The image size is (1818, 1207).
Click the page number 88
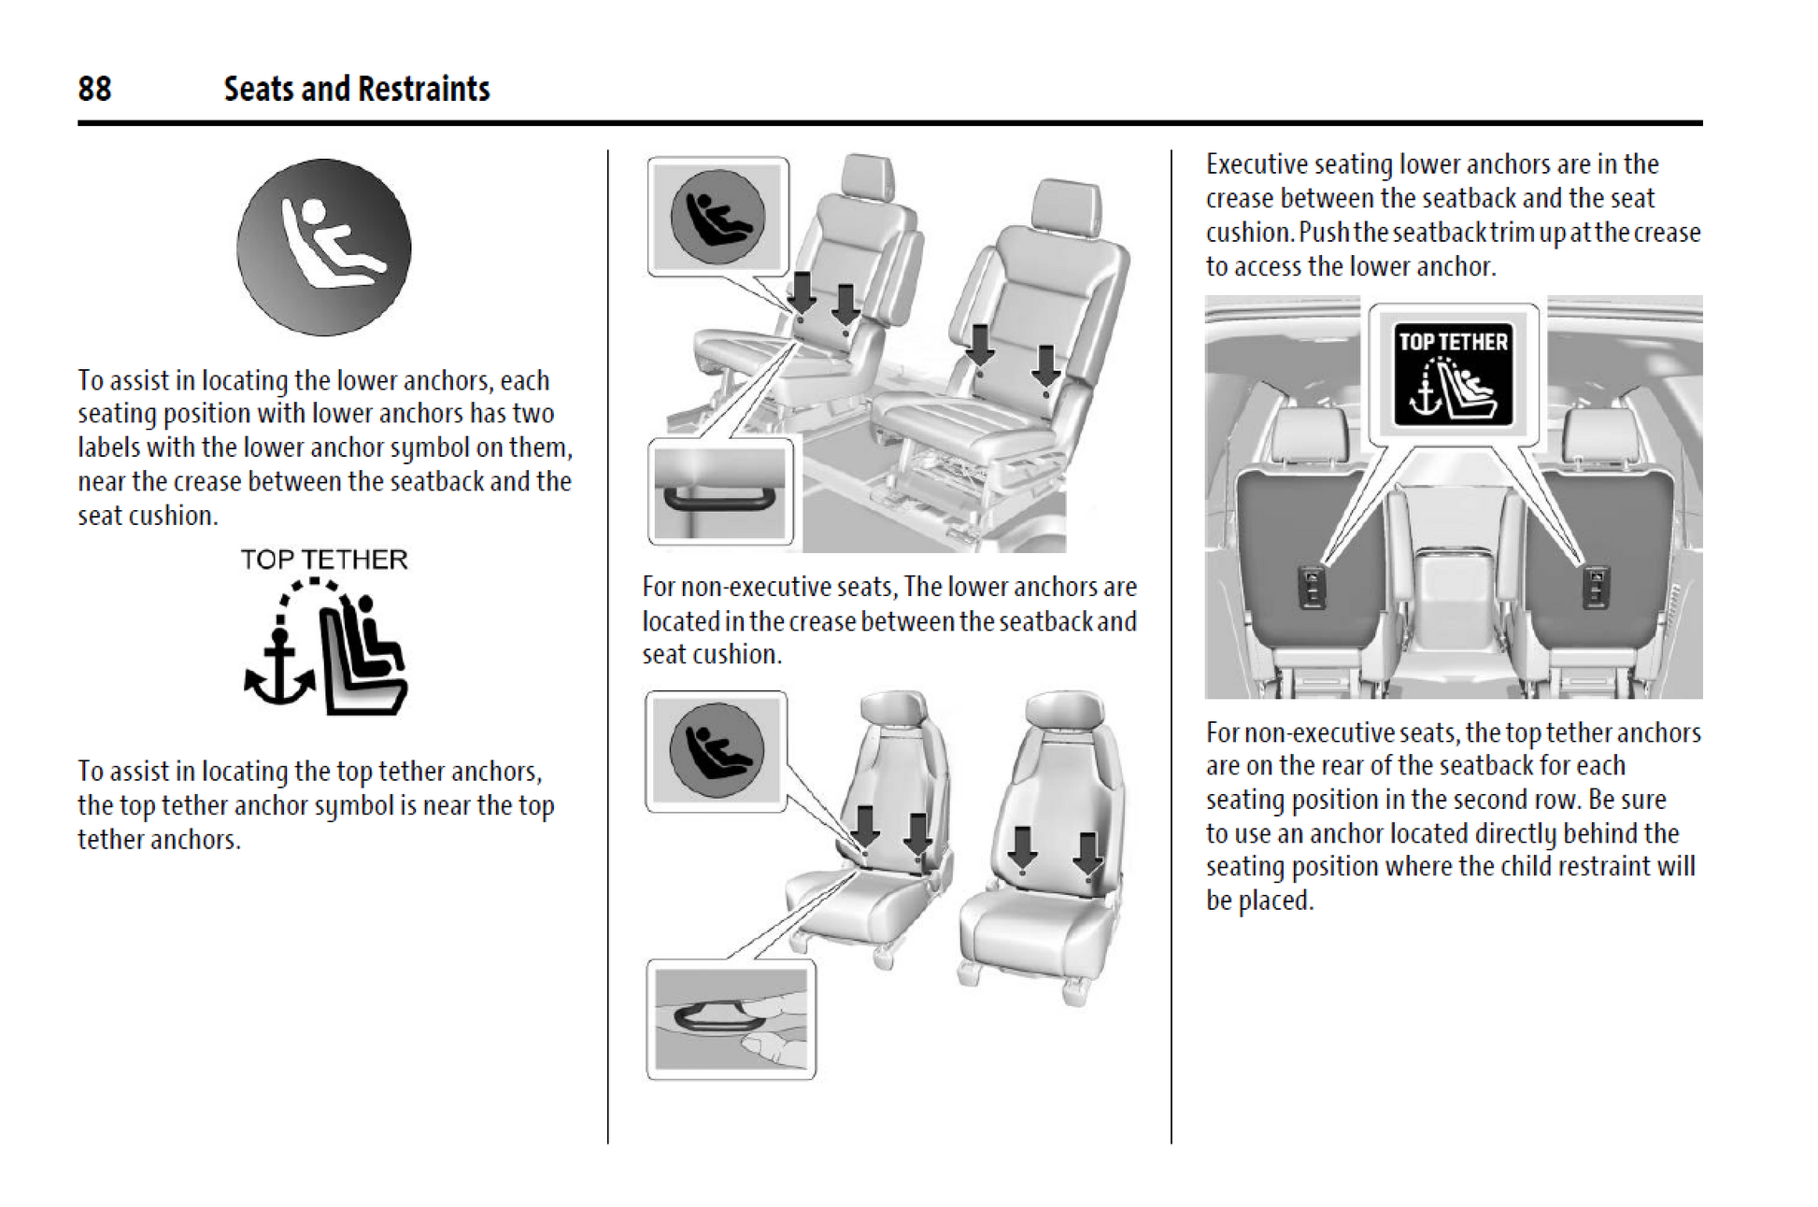click(x=94, y=89)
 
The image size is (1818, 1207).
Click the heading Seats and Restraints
click(x=356, y=89)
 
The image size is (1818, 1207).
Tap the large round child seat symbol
click(x=323, y=247)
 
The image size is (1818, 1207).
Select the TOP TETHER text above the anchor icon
click(x=323, y=560)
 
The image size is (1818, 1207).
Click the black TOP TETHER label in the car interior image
click(x=1453, y=374)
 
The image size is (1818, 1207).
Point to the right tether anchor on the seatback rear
click(x=1596, y=588)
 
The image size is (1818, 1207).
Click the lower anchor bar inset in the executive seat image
click(x=719, y=491)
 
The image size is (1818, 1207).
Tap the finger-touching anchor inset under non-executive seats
click(x=731, y=1020)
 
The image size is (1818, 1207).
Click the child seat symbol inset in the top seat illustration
click(x=717, y=217)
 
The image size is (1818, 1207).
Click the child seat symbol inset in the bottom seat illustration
click(x=717, y=751)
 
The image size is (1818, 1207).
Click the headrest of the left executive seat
click(x=867, y=176)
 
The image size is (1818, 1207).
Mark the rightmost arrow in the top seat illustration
click(x=1046, y=364)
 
